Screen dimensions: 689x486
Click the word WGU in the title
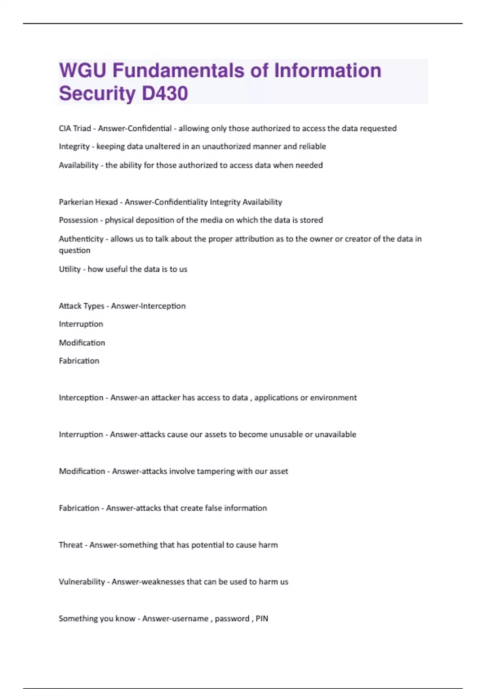click(83, 71)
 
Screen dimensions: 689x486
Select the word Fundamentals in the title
click(178, 71)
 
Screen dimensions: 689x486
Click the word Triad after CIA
click(82, 128)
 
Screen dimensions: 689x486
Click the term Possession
click(78, 220)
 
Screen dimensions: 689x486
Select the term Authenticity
click(81, 239)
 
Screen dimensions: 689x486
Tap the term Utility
click(70, 269)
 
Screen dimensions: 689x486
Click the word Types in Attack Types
click(94, 306)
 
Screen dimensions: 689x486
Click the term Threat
click(70, 545)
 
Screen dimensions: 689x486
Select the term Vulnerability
click(82, 582)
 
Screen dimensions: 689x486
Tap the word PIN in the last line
click(262, 619)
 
